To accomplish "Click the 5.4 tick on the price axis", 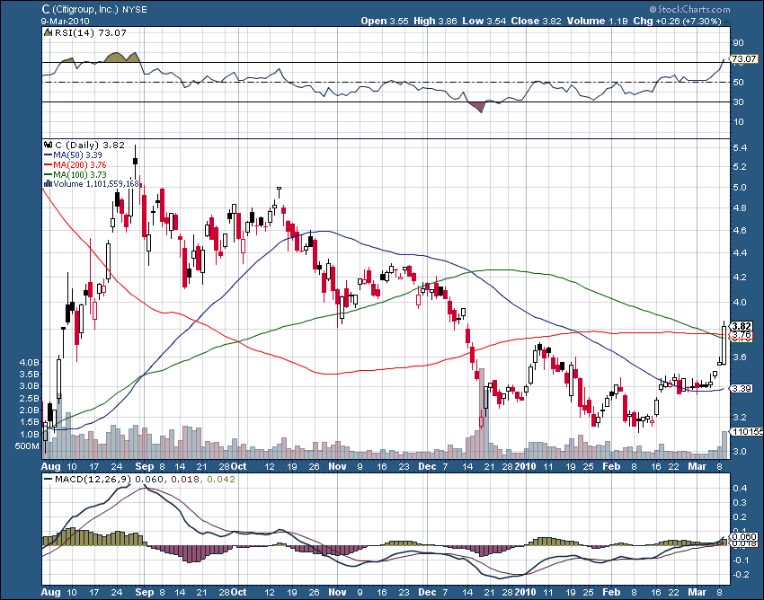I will [x=738, y=146].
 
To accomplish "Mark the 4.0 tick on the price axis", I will [x=738, y=303].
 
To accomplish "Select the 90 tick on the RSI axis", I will [x=738, y=42].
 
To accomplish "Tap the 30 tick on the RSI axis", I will [x=738, y=101].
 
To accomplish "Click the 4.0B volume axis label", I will [x=29, y=363].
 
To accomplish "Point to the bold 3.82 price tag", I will [x=741, y=326].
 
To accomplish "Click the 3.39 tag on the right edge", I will [x=741, y=388].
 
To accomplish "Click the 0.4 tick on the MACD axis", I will [x=738, y=488].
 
